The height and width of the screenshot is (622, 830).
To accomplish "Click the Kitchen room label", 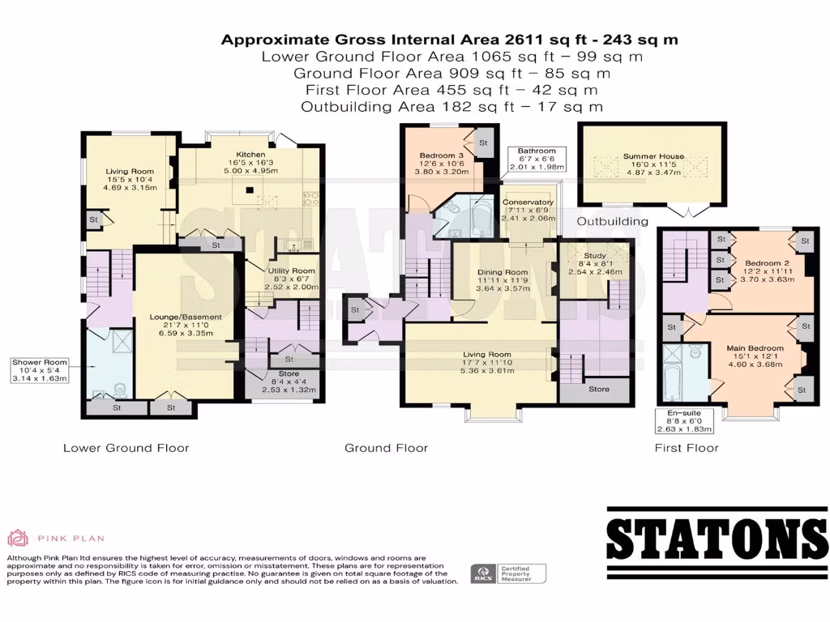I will [x=250, y=155].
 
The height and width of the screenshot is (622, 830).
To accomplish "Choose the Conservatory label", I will [x=528, y=202].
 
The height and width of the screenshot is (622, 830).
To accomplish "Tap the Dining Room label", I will [x=504, y=272].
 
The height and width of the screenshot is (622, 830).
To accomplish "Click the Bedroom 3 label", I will [x=442, y=155].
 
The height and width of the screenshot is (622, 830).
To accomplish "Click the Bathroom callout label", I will [x=537, y=151].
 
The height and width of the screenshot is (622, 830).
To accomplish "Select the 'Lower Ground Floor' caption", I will [x=126, y=448].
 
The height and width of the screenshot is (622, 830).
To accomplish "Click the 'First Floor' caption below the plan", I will [x=687, y=448].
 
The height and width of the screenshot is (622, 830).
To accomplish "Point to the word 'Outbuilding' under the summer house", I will [x=612, y=221].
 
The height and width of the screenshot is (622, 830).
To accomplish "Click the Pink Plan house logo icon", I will [x=18, y=537].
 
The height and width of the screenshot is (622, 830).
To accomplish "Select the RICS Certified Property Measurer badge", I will [x=507, y=573].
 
